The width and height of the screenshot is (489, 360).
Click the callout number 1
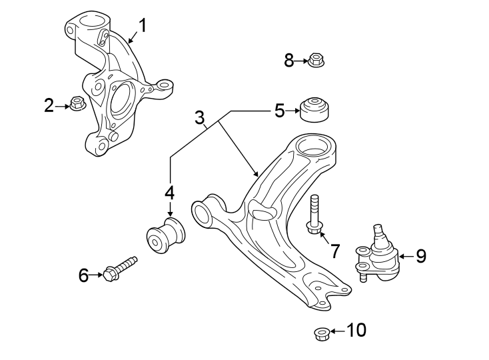click(143, 26)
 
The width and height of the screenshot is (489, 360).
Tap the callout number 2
click(49, 105)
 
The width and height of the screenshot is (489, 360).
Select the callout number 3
click(199, 118)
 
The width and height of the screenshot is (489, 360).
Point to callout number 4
click(169, 193)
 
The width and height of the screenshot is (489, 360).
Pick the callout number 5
click(280, 110)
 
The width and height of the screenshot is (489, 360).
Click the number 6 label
click(83, 274)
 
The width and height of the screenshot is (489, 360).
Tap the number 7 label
click(334, 251)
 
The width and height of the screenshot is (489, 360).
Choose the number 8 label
click(289, 61)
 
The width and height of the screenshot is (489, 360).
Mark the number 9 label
click(420, 255)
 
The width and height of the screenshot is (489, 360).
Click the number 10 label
click(356, 330)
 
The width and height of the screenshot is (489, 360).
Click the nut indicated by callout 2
click(77, 104)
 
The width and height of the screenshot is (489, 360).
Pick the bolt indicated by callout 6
click(120, 268)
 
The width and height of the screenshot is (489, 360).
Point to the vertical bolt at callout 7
click(314, 213)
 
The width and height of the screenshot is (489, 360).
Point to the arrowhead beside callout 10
click(333, 331)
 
